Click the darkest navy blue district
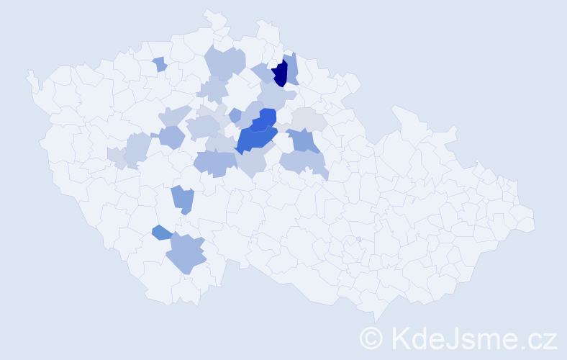(280, 73)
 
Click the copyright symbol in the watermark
(371, 338)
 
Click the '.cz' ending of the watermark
(540, 338)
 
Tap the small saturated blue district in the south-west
(161, 233)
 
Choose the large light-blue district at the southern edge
(186, 253)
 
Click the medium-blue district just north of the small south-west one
(183, 199)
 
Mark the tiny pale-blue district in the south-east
(358, 240)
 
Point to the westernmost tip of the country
(29, 73)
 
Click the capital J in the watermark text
(453, 338)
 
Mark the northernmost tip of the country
(209, 12)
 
